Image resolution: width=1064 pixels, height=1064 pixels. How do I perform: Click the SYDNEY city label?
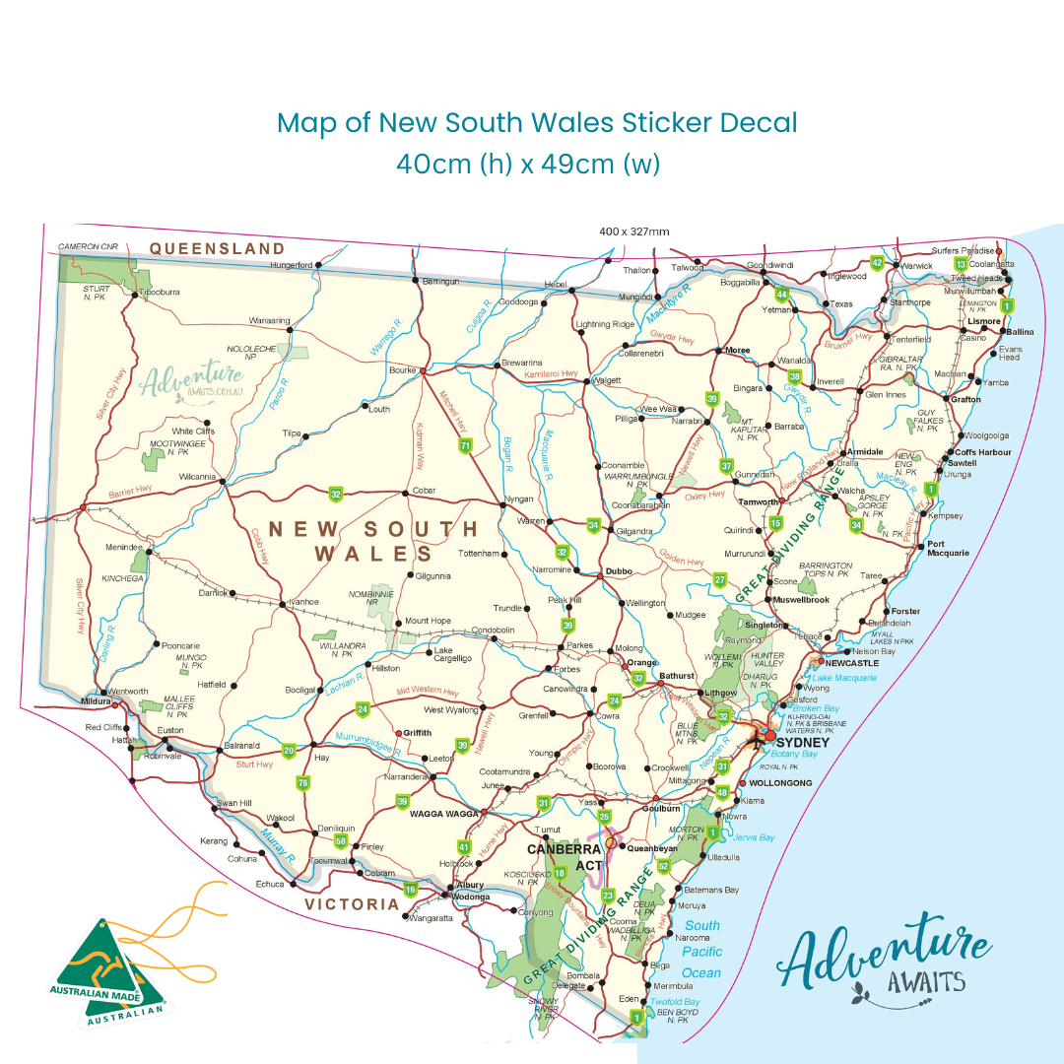tap(803, 742)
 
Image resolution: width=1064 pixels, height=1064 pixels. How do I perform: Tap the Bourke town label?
tap(403, 370)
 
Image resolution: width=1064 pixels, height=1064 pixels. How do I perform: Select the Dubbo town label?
tap(618, 569)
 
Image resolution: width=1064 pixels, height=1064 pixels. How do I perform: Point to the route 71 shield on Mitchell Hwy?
tap(465, 446)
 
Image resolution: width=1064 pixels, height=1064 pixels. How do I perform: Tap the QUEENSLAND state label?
tap(217, 249)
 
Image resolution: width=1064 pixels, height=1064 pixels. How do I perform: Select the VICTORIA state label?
tap(352, 903)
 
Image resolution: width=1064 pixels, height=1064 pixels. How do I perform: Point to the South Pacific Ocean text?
tap(702, 949)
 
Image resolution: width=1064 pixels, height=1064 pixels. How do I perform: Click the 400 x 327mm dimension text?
tap(634, 232)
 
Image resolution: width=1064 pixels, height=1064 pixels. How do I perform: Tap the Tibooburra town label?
tap(160, 292)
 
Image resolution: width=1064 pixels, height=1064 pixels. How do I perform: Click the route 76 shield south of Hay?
tap(302, 783)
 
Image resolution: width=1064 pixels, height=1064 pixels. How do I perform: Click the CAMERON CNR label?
tap(88, 246)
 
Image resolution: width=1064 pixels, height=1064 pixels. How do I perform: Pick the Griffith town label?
tap(416, 733)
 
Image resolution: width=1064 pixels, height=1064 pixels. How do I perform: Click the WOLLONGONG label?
tap(780, 783)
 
